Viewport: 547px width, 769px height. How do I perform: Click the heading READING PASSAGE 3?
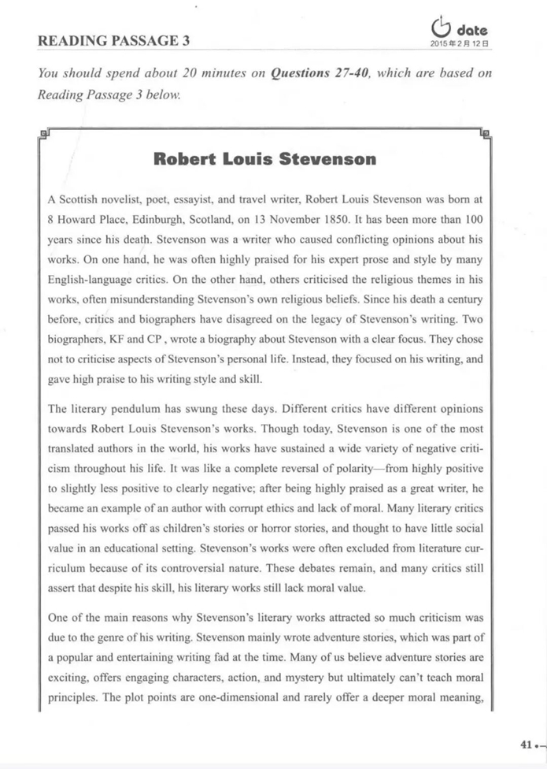113,40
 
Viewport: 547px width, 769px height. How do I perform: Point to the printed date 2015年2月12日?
460,44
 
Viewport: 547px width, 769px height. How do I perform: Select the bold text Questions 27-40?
316,73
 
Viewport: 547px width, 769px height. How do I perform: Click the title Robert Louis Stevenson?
264,160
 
